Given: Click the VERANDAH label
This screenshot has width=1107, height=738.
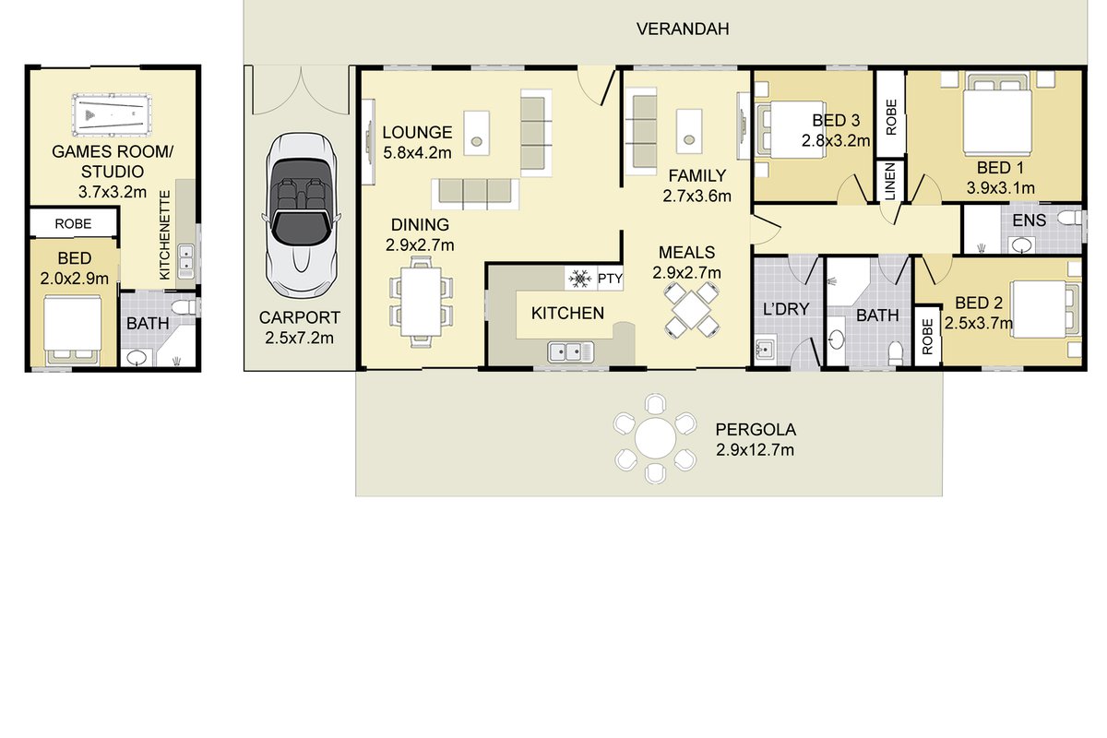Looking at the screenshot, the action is (x=683, y=30).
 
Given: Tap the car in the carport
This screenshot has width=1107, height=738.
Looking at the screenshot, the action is (x=301, y=216).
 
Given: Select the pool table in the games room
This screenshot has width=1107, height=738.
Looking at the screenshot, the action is (x=112, y=114).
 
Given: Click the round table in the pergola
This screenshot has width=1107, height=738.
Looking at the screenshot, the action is (x=655, y=438).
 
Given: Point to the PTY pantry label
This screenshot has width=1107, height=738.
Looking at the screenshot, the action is (x=610, y=279).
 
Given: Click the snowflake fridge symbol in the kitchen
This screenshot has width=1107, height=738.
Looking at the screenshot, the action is (x=580, y=280).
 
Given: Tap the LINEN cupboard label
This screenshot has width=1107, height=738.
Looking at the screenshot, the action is (x=889, y=182).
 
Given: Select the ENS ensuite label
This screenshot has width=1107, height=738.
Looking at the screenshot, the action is (x=1029, y=220).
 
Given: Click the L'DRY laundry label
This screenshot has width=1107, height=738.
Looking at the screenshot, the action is (x=786, y=309).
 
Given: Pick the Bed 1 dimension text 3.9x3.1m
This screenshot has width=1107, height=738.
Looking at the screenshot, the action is (x=1000, y=188).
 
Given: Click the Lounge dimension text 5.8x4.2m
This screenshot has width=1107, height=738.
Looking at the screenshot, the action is (x=417, y=153).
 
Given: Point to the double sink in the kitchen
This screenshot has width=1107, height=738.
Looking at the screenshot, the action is (x=571, y=352).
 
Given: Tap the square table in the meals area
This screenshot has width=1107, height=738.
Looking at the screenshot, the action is (x=691, y=310).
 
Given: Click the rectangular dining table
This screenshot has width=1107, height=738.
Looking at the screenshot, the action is (x=421, y=302).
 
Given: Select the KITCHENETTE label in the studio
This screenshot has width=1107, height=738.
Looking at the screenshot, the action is (x=164, y=235).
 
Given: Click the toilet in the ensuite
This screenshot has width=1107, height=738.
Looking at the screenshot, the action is (x=1070, y=218).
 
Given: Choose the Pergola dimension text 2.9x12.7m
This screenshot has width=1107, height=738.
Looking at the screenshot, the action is (x=755, y=450).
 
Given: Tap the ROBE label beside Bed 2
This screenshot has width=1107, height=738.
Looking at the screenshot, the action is (x=927, y=336).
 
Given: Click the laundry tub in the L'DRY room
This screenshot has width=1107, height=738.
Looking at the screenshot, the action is (x=766, y=349).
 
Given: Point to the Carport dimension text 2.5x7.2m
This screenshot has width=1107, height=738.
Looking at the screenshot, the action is (x=299, y=339).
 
